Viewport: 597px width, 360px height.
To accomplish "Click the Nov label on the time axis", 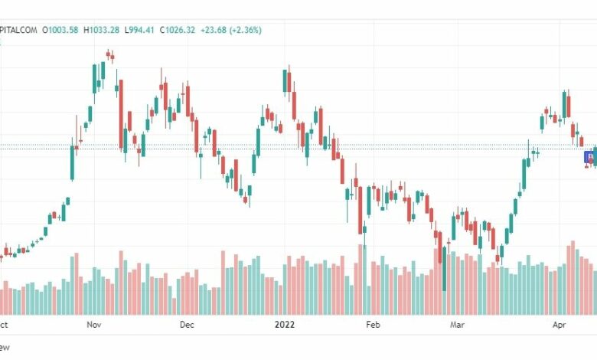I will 94,325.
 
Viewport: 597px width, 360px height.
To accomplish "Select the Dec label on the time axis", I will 188,325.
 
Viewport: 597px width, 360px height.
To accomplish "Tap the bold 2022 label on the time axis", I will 285,325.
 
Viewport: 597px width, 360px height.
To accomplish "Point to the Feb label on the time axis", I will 373,325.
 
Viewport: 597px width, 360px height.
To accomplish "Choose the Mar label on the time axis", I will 457,325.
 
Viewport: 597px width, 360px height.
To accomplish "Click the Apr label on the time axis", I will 560,325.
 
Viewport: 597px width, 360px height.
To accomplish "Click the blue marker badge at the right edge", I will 589,157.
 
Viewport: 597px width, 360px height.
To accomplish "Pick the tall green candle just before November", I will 73,162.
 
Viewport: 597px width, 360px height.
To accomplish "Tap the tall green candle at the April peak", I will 564,104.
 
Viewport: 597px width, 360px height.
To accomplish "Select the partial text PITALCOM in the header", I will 18,30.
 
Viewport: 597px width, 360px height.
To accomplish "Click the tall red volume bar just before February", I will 360,279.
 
